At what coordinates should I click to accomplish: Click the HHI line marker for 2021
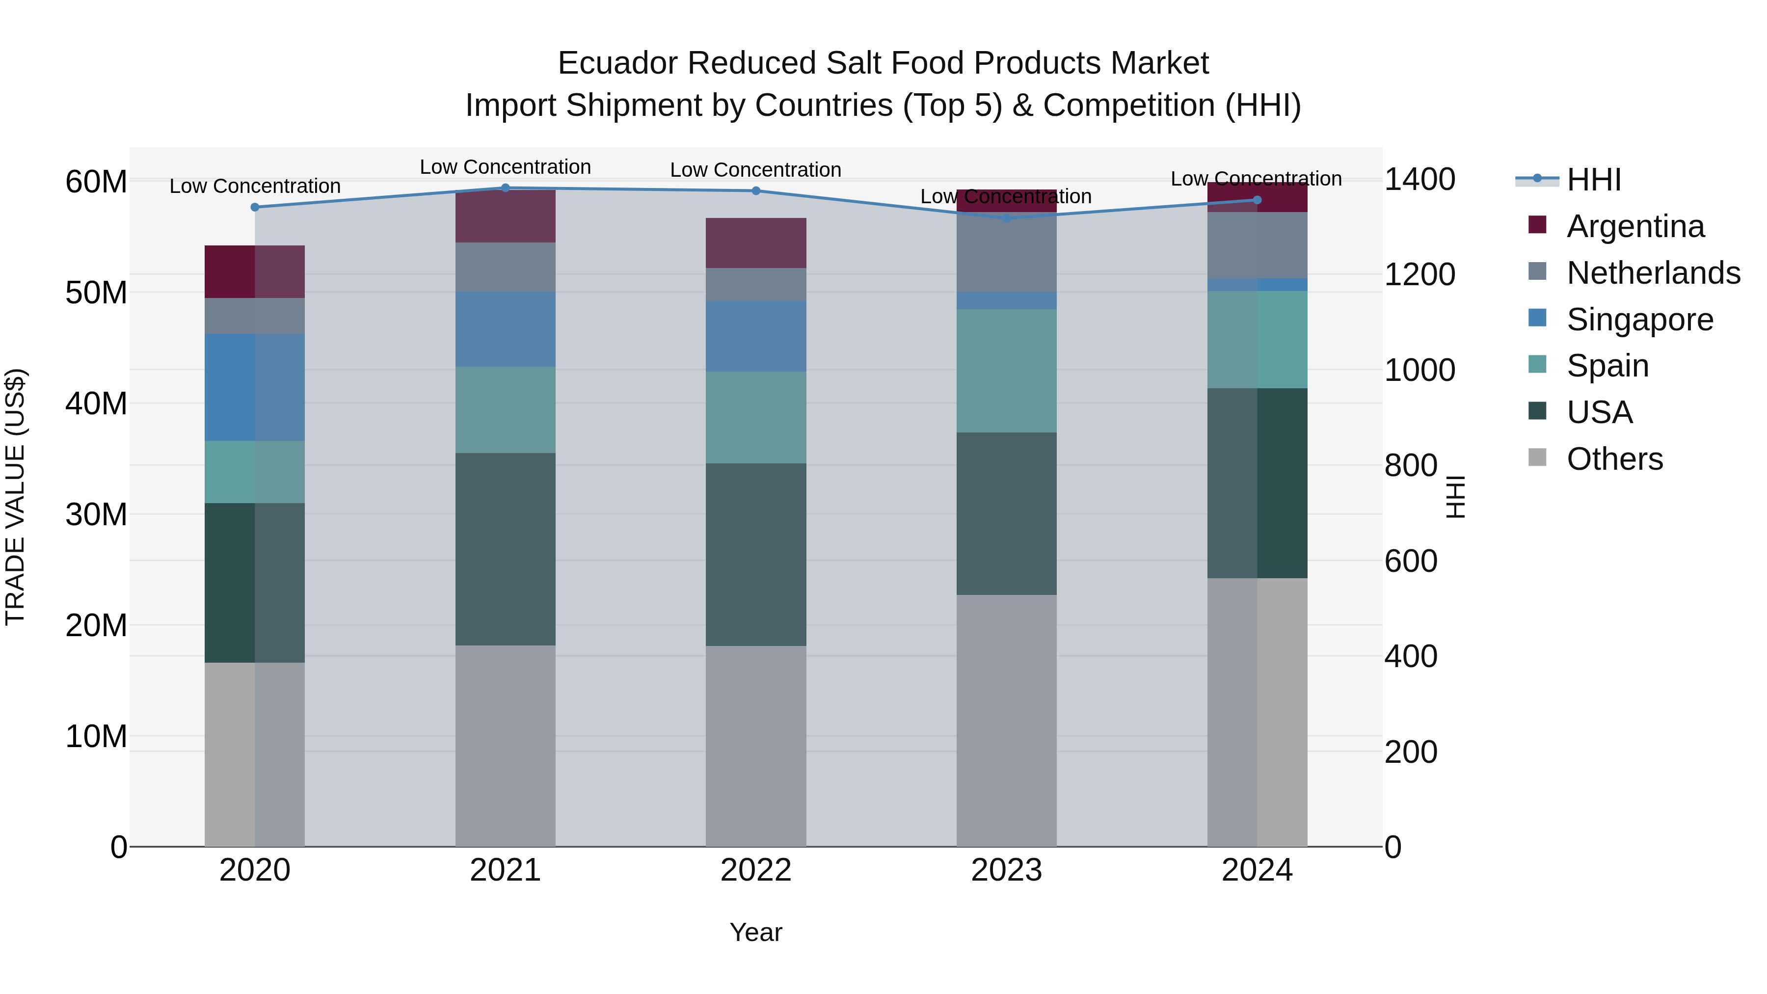coord(506,188)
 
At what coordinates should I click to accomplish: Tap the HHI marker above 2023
coord(1006,218)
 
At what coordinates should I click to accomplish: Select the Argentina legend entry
coord(1634,226)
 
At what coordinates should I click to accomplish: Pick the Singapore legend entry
coord(1639,320)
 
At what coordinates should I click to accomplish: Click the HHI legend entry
coord(1593,180)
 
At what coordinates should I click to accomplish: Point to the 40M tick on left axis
coord(96,403)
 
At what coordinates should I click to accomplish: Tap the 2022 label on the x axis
coord(756,870)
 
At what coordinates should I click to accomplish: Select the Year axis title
coord(756,932)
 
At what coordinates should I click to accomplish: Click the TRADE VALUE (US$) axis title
coord(15,497)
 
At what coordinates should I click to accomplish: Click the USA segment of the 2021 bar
coord(506,549)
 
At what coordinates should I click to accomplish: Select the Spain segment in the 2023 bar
coord(1006,371)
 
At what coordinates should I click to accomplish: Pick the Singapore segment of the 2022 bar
coord(756,336)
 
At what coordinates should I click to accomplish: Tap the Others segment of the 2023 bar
coord(1006,720)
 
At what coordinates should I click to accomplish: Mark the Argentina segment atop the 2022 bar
coord(756,243)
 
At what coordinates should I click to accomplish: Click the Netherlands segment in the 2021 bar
coord(506,267)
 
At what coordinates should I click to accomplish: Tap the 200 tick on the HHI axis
coord(1410,752)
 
